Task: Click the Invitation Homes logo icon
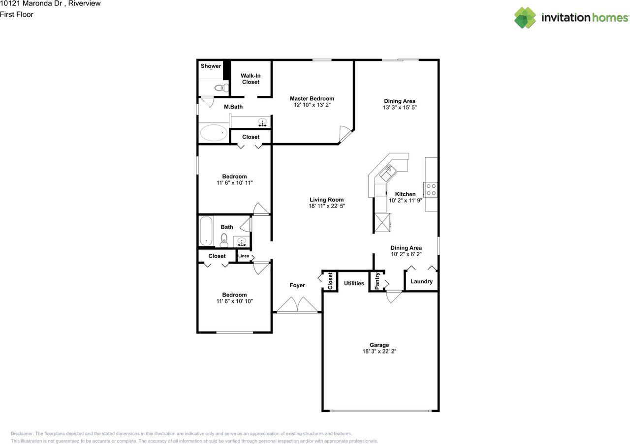525,18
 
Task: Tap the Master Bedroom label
312,99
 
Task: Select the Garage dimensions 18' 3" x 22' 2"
379,352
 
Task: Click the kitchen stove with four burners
431,189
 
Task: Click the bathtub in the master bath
214,133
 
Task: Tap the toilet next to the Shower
221,88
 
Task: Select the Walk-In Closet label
251,79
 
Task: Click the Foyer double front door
297,305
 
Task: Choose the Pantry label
377,281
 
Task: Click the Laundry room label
421,282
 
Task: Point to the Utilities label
354,283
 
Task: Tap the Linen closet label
244,256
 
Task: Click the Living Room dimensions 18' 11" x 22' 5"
326,207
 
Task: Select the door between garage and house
393,296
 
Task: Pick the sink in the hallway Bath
241,241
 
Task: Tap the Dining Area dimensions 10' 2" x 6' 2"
406,254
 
